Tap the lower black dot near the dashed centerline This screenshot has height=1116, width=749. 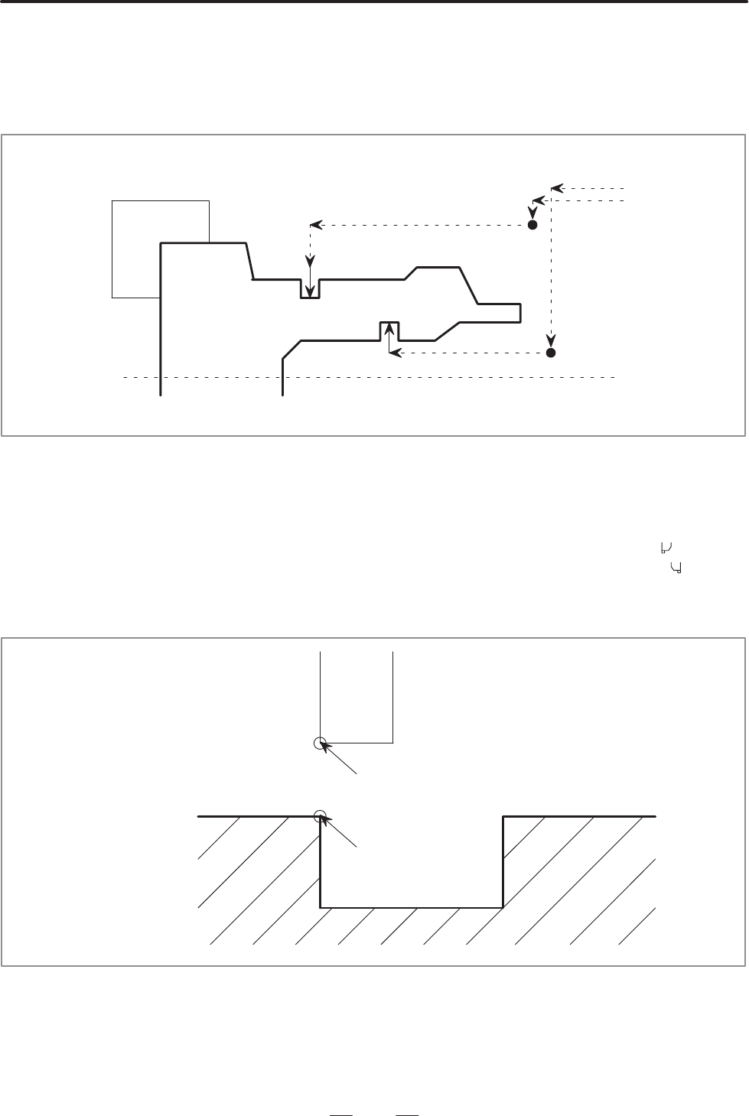pyautogui.click(x=551, y=353)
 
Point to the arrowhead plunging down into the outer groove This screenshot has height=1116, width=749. pyautogui.click(x=310, y=291)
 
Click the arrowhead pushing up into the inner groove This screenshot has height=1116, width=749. pyautogui.click(x=389, y=328)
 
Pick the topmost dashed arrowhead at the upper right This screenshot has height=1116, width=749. pyautogui.click(x=556, y=187)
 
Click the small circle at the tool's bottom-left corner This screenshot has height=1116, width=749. pyautogui.click(x=320, y=743)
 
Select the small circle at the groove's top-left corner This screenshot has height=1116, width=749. pyautogui.click(x=320, y=816)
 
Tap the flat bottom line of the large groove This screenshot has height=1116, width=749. pyautogui.click(x=411, y=907)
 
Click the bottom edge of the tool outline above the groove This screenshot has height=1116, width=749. pyautogui.click(x=357, y=742)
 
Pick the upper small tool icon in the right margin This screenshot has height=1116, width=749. pyautogui.click(x=666, y=547)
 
